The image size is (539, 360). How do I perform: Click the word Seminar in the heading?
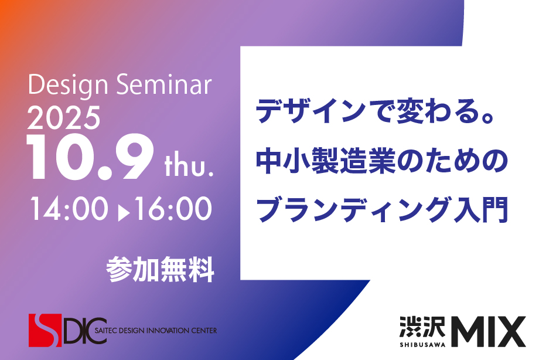164,84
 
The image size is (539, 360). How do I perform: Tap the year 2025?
64,118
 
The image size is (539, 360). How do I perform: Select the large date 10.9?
90,157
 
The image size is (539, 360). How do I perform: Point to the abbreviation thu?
189,167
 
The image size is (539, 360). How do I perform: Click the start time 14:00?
69,209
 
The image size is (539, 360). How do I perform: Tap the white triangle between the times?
123,213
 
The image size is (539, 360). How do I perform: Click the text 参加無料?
160,269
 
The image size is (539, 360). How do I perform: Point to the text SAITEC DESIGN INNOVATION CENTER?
156,331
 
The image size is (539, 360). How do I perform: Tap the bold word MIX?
488,332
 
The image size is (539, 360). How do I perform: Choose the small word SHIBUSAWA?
422,344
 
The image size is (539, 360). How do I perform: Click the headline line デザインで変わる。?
375,111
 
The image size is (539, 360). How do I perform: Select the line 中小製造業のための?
382,161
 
